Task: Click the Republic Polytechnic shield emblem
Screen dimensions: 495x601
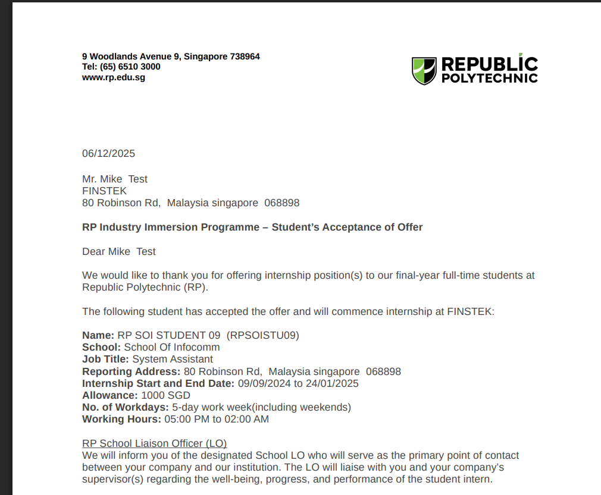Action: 424,71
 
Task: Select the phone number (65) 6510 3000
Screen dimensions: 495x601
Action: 130,67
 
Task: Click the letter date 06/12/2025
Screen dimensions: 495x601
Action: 108,153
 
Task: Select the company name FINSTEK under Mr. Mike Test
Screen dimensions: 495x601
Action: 104,191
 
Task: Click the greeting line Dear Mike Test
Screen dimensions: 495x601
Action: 118,251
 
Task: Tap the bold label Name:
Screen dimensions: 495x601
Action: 98,335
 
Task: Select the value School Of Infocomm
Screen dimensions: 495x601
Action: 171,347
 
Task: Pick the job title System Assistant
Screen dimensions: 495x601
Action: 173,359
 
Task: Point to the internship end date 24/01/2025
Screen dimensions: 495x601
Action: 332,383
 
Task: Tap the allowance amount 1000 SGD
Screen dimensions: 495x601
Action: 165,395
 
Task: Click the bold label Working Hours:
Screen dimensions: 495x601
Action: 121,419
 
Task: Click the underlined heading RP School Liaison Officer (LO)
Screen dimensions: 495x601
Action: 154,443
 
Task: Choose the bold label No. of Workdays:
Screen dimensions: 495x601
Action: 126,407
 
